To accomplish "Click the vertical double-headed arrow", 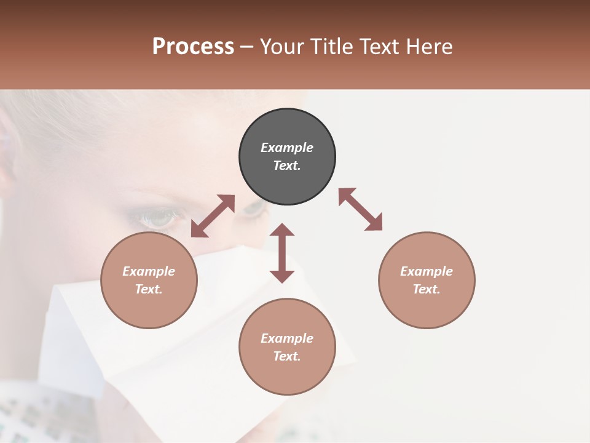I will point(282,253).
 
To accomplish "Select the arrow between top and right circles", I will point(360,209).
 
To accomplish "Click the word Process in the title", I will point(193,47).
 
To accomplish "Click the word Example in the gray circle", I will point(287,148).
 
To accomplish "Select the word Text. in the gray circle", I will point(287,166).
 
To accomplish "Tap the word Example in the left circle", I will point(149,271).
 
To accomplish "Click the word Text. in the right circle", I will point(427,289).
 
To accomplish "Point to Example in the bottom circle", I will point(287,338).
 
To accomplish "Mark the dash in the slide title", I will point(247,47).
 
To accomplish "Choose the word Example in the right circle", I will point(427,271).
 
